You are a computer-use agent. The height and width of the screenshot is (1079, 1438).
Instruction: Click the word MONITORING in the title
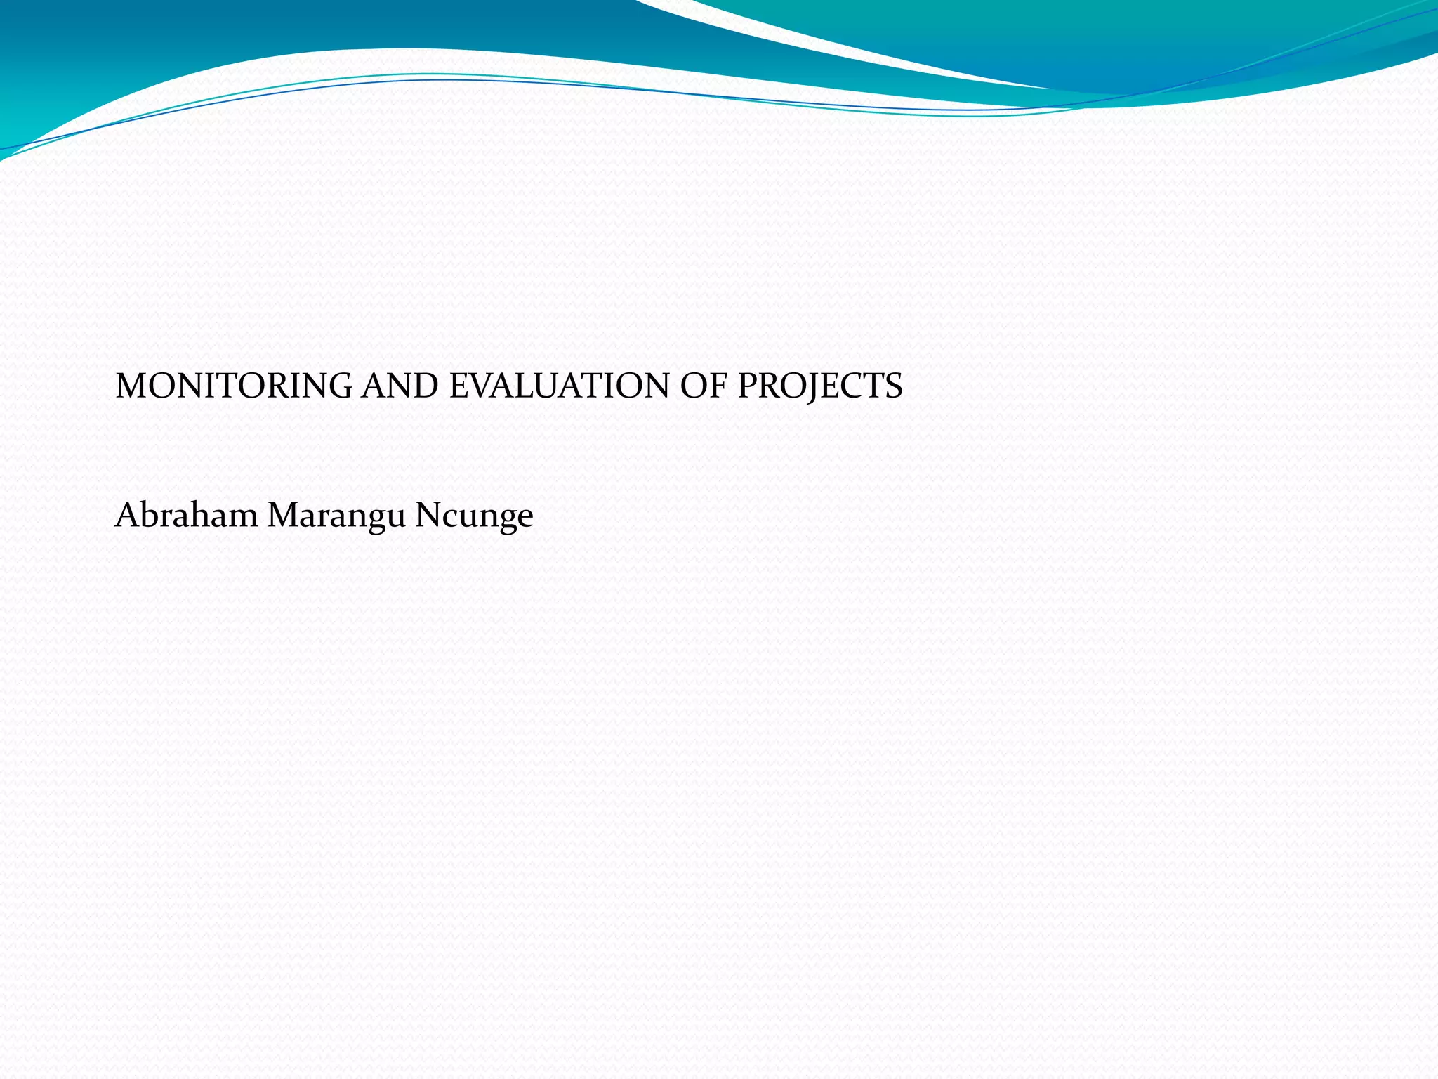[234, 386]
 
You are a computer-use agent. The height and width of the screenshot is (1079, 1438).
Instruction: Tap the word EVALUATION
[560, 386]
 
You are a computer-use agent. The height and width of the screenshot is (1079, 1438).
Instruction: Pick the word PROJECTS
[819, 386]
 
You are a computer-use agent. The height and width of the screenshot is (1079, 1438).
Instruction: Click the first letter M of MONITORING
[131, 386]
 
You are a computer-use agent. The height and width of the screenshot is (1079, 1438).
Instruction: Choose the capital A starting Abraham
[127, 515]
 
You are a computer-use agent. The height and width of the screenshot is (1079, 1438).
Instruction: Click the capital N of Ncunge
[428, 515]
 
